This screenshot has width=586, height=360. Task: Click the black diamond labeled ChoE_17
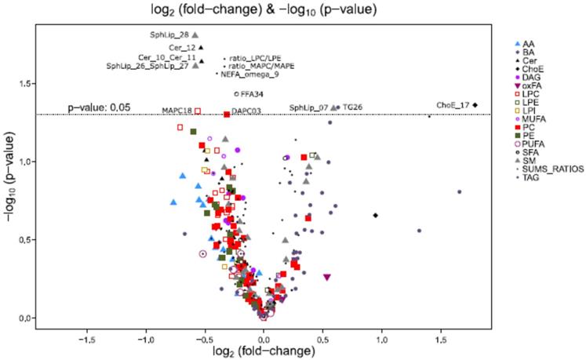point(475,105)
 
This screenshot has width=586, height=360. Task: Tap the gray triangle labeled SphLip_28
point(195,35)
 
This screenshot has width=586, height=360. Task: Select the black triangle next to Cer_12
point(202,49)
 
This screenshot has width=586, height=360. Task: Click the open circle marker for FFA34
point(237,94)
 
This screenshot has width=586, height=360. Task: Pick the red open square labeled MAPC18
point(198,111)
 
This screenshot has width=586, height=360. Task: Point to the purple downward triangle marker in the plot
point(327,277)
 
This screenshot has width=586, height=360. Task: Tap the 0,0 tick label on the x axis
point(264,341)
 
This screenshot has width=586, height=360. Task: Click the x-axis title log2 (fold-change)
point(264,353)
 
